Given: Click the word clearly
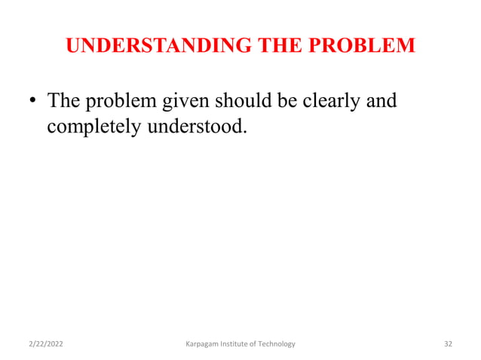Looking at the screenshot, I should (x=329, y=101).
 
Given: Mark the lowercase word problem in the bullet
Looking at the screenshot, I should (x=119, y=102).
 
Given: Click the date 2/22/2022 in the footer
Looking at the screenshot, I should (x=46, y=344).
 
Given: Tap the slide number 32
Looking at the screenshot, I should (x=448, y=344).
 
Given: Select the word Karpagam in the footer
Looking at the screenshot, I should (x=203, y=344).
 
